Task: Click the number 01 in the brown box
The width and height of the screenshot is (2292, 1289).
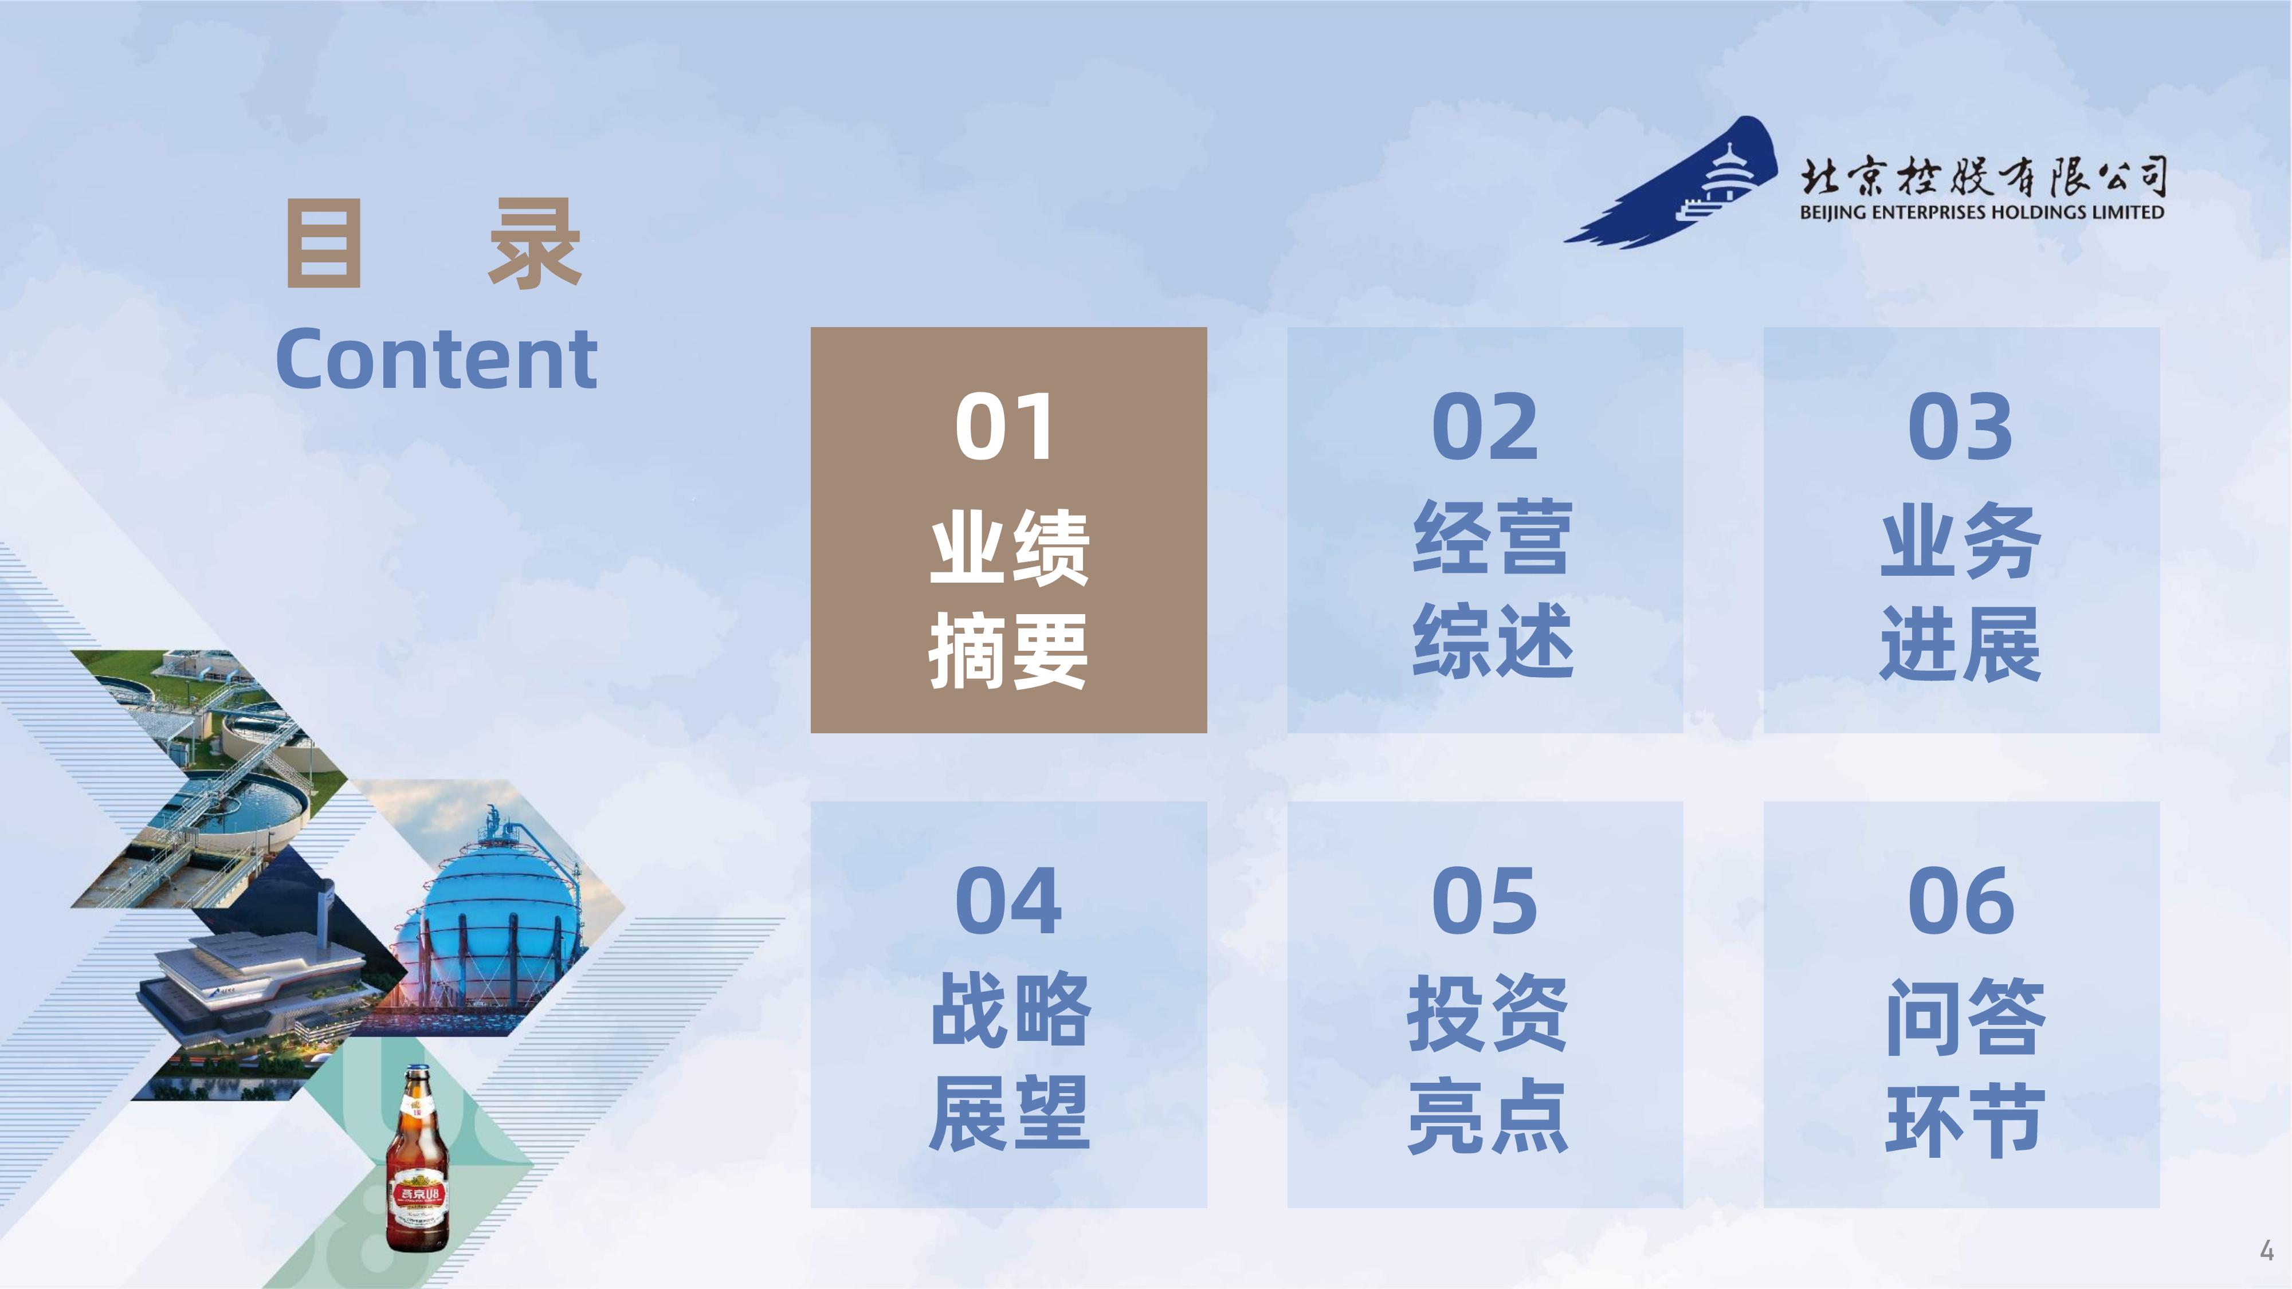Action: coord(1006,426)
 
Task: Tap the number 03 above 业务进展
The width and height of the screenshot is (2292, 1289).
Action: coord(1961,426)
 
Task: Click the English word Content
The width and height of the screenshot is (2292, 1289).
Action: coord(437,359)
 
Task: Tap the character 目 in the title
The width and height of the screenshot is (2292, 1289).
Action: coord(324,243)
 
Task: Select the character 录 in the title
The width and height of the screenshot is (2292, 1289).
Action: coord(535,243)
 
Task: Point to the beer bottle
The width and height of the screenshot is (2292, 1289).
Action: coord(417,1158)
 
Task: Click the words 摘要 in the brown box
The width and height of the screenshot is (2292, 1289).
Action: coord(1008,650)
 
